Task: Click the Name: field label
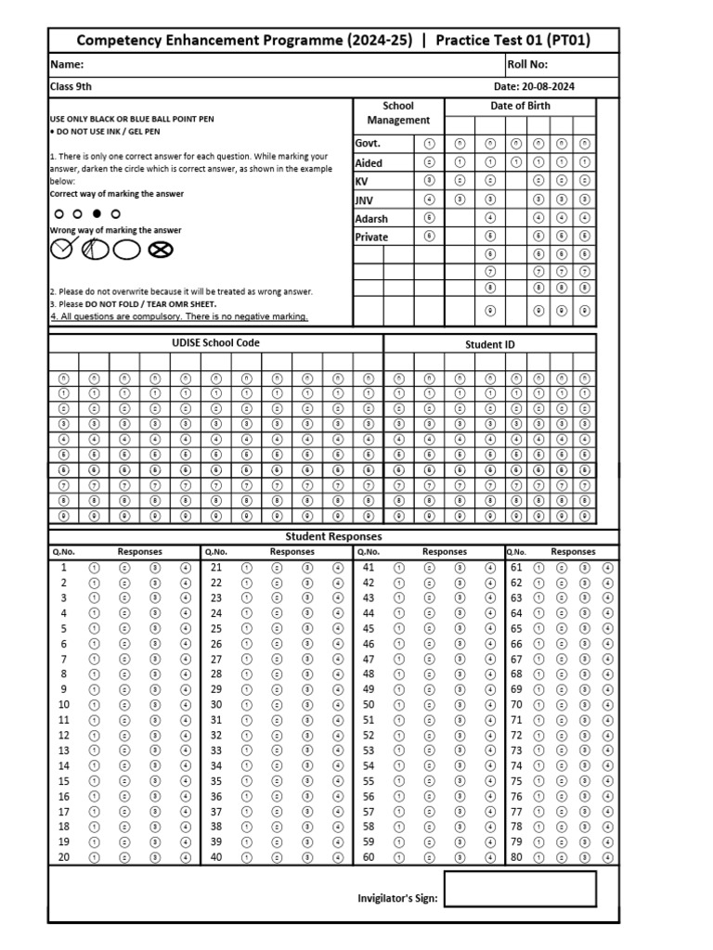tap(67, 65)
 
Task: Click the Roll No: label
tap(527, 65)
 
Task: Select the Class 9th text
tap(71, 87)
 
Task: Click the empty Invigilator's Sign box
tap(519, 889)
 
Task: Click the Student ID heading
tap(489, 344)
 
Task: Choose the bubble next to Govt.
tap(429, 144)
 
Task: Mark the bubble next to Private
tap(429, 237)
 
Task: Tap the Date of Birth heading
tap(520, 106)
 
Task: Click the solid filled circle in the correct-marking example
tap(97, 213)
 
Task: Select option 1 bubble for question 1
tap(94, 568)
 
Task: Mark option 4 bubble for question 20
tap(186, 857)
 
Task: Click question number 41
tap(369, 568)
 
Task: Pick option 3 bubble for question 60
tap(460, 857)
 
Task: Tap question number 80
tap(516, 857)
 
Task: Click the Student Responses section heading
tap(333, 536)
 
